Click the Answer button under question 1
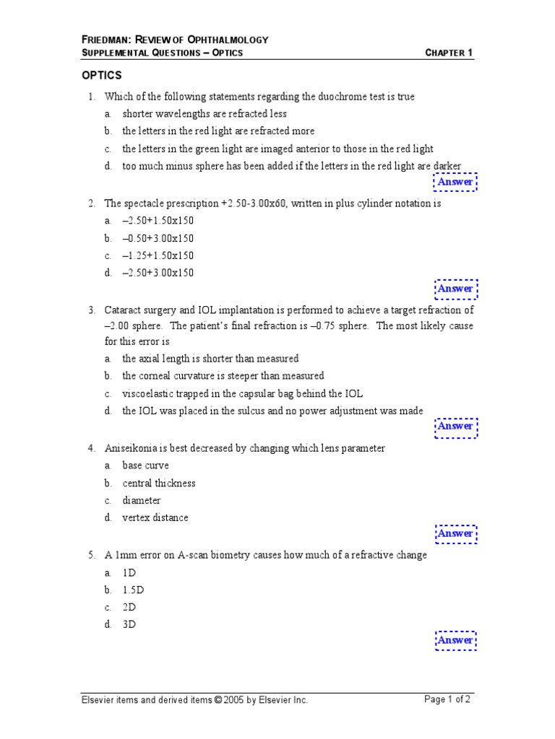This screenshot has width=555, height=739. [455, 183]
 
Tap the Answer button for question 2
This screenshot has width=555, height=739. [455, 289]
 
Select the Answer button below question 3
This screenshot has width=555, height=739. [455, 427]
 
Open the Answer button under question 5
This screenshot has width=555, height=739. [455, 641]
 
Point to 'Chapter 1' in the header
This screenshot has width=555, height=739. [449, 53]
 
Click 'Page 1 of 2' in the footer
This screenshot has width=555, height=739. [447, 699]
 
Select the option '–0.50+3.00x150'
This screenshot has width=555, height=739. [158, 238]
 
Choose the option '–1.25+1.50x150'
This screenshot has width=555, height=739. [158, 255]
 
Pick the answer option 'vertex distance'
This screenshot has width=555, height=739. [155, 517]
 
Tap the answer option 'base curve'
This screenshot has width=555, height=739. [145, 465]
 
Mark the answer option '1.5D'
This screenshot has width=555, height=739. [133, 590]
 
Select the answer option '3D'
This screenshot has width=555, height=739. [129, 624]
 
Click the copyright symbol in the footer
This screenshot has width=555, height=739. [218, 700]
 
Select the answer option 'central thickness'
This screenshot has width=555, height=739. [158, 483]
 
